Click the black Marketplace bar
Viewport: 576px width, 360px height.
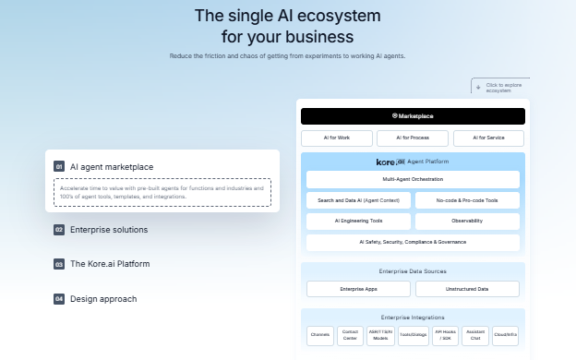[413, 116]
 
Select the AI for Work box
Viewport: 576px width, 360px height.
[336, 138]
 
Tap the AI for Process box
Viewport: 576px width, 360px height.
[413, 138]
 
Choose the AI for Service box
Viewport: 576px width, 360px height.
[488, 138]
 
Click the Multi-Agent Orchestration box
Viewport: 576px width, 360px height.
[413, 179]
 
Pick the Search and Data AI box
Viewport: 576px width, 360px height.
[358, 200]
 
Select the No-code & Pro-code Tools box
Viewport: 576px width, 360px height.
[467, 200]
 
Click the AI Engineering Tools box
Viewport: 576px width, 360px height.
[358, 222]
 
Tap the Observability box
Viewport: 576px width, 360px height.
[467, 222]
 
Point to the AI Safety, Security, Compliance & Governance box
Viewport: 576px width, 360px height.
[413, 243]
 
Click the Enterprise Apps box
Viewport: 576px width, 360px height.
[358, 289]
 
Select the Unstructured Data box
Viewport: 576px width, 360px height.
[467, 289]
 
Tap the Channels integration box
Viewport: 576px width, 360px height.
[319, 336]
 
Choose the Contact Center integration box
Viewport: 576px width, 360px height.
[350, 336]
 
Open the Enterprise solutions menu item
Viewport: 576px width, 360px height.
[108, 230]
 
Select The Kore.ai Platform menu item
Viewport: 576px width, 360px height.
[109, 264]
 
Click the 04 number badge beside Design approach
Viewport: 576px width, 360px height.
[59, 299]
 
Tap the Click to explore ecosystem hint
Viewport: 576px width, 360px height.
[503, 88]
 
